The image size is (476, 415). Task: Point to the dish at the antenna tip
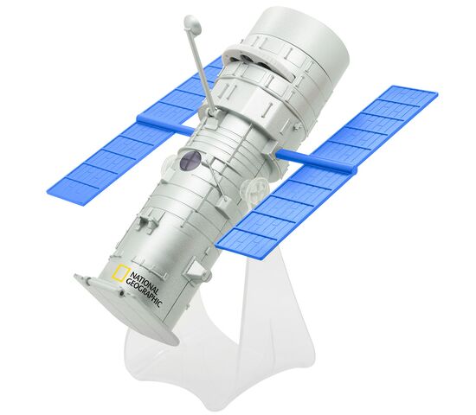(193, 23)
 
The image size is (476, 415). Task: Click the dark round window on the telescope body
(190, 160)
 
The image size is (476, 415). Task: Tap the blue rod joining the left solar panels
(165, 123)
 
